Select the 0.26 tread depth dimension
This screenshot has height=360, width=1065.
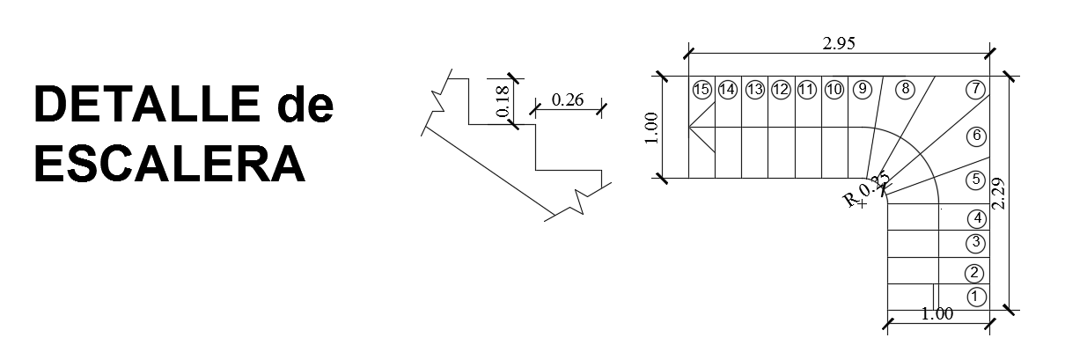568,99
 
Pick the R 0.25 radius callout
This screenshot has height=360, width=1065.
866,191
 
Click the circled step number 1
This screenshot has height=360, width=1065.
975,297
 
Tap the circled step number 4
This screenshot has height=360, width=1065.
975,218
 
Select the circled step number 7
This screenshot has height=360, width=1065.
974,89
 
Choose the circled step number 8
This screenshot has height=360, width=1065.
904,89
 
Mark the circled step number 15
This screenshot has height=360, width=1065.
701,89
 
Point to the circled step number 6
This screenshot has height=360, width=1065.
974,136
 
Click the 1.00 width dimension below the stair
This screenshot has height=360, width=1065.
936,313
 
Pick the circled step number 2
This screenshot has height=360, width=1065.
974,273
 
